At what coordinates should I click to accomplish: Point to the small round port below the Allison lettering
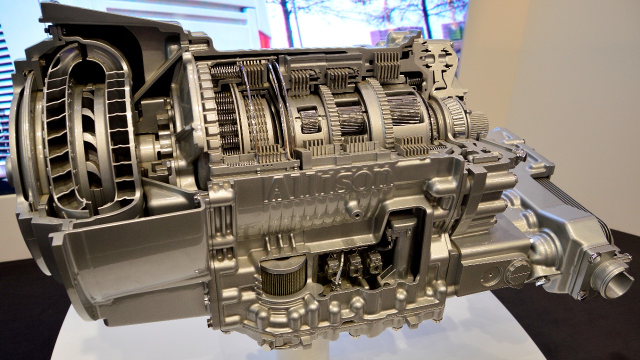[356, 215]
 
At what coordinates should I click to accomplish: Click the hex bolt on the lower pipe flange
[582, 295]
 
